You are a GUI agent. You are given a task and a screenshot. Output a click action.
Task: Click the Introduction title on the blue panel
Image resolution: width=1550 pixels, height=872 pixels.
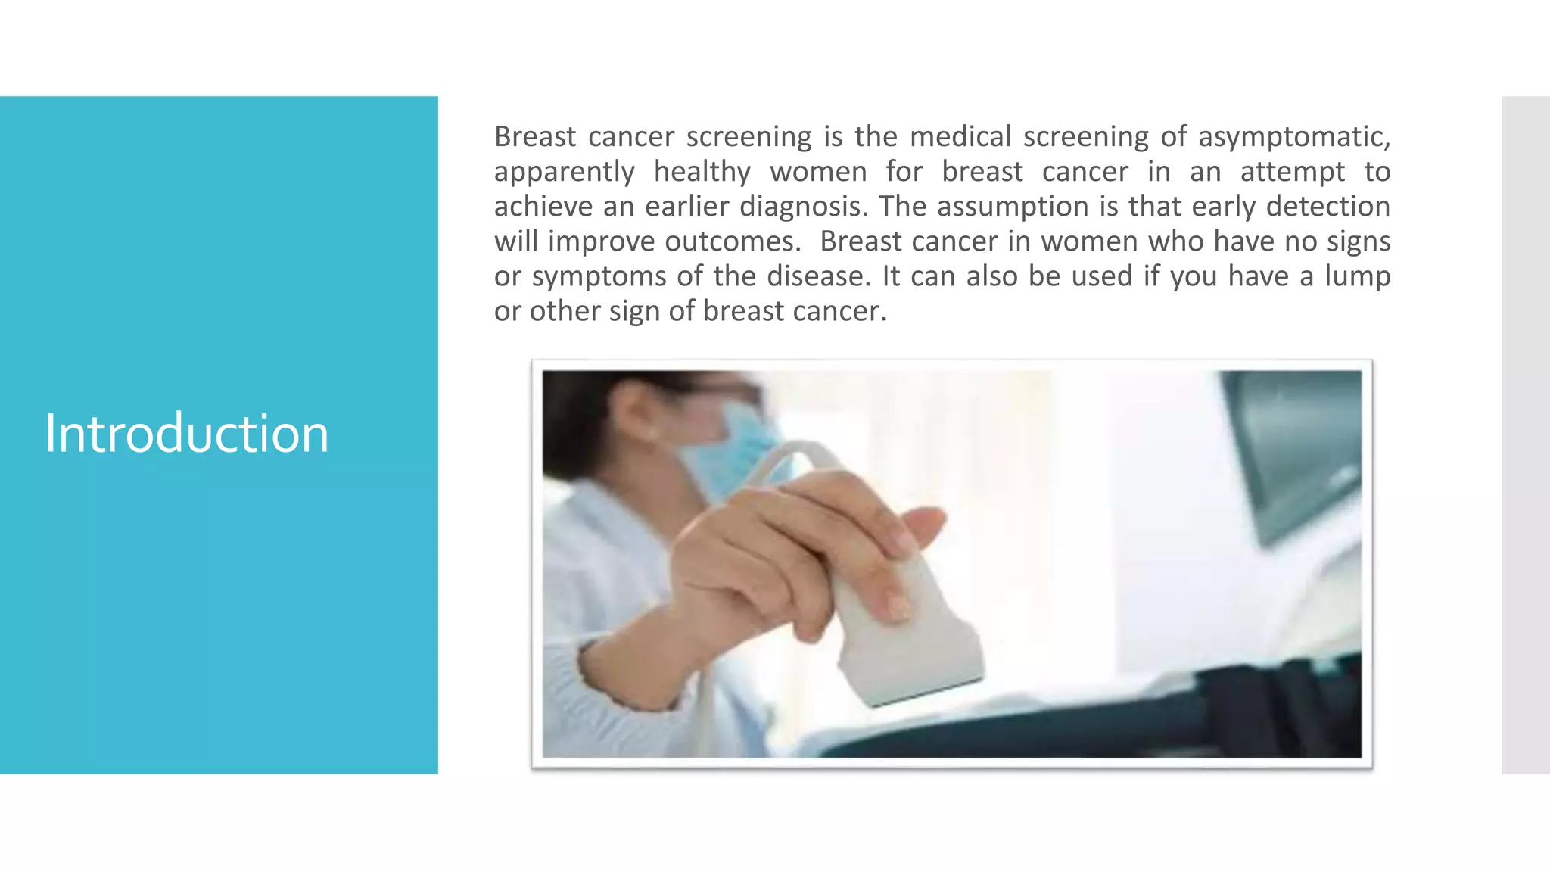[x=186, y=434]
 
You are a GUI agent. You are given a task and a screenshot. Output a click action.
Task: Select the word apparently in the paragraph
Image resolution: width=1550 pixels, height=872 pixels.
[x=564, y=172]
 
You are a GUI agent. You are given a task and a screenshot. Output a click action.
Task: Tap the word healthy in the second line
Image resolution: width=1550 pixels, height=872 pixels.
[x=702, y=172]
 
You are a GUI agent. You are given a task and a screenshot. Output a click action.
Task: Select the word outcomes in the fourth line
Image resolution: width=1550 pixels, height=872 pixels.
[x=732, y=241]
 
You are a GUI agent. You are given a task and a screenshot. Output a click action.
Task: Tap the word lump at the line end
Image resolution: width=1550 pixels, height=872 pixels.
[x=1357, y=276]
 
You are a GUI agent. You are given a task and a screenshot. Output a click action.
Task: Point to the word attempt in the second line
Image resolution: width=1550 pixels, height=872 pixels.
[x=1292, y=172]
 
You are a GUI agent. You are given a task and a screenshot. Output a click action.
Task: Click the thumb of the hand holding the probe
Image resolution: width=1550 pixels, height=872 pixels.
[x=920, y=522]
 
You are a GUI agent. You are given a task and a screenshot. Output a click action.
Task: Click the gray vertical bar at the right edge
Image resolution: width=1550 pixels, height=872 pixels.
[x=1525, y=434]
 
